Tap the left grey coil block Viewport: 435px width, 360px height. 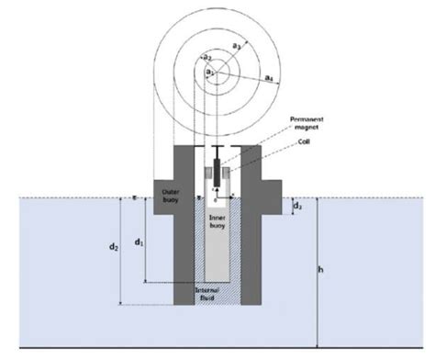pos(205,174)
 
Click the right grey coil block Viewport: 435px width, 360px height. pos(231,174)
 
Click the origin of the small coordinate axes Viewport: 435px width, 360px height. pos(217,197)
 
